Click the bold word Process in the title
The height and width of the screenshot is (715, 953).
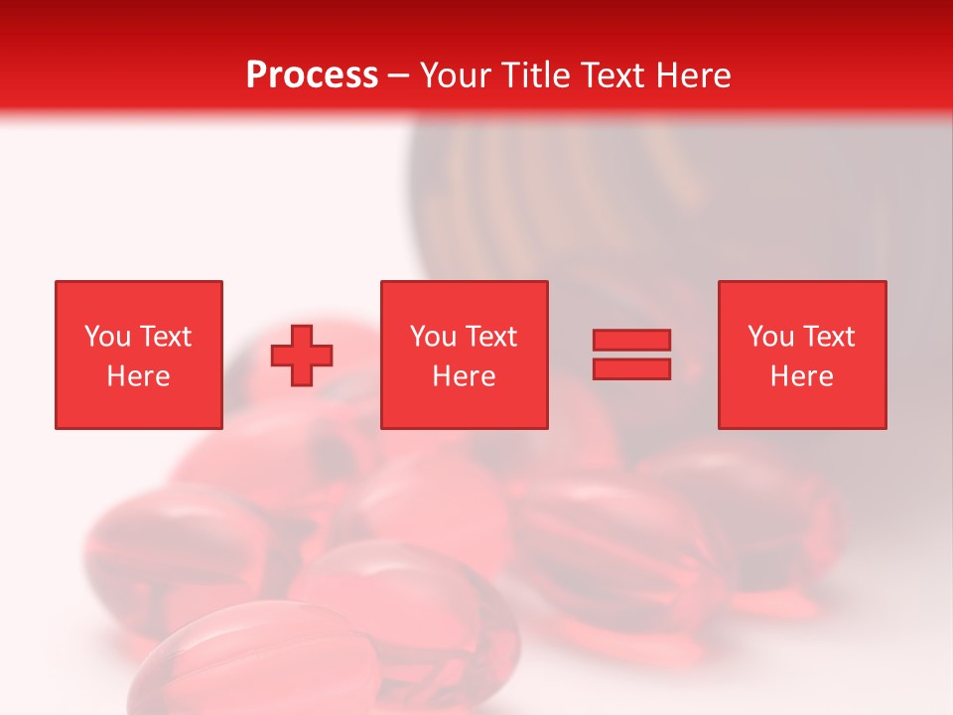(312, 74)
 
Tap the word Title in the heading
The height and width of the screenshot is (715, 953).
(537, 75)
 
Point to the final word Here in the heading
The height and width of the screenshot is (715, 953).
(694, 75)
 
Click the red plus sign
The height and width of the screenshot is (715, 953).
(302, 355)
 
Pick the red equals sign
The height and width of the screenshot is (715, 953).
(631, 355)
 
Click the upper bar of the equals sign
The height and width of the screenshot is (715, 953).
(631, 341)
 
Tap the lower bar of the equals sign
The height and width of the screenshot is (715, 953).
(631, 368)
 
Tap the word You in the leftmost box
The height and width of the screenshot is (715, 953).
(107, 337)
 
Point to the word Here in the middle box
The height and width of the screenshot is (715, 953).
(465, 376)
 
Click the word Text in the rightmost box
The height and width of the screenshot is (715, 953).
(829, 337)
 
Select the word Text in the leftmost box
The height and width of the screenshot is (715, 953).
(165, 337)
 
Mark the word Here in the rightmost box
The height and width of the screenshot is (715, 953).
(802, 376)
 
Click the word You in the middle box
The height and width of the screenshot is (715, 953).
(433, 337)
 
